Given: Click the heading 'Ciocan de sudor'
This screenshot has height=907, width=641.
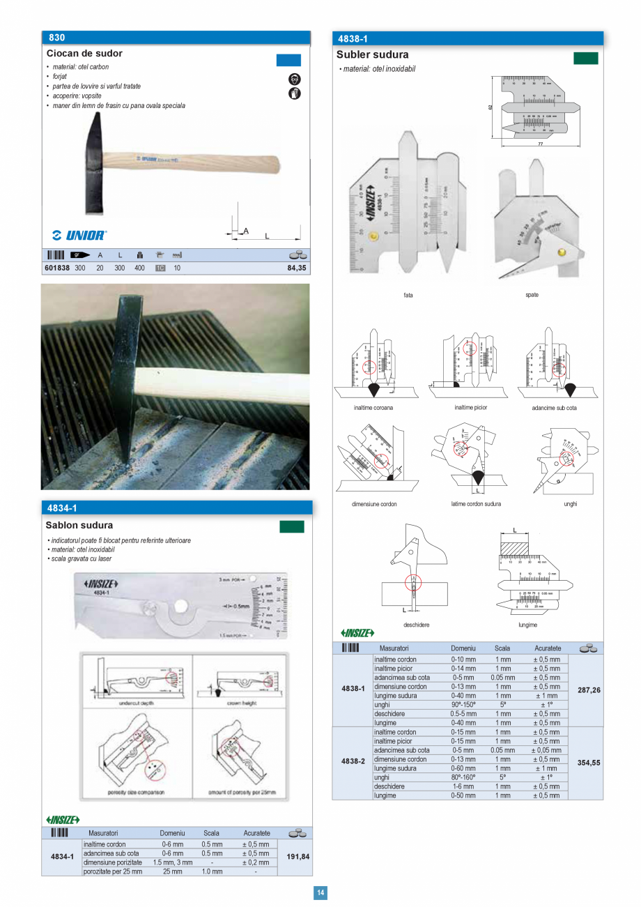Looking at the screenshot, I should tap(84, 54).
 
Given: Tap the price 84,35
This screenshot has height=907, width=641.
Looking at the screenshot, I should tap(296, 268).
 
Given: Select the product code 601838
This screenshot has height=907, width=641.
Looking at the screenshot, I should tap(56, 268).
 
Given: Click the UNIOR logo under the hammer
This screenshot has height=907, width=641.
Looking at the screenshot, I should tap(79, 235).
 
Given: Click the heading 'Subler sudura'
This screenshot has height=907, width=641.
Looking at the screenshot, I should tap(372, 55).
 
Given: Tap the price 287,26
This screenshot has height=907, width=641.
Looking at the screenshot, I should tap(589, 689).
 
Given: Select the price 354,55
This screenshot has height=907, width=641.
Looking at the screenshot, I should tap(589, 763).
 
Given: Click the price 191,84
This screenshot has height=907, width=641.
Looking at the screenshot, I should tap(297, 857).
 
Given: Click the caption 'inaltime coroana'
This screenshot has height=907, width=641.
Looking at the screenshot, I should tap(373, 408).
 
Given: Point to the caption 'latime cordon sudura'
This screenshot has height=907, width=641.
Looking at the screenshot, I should tap(476, 503).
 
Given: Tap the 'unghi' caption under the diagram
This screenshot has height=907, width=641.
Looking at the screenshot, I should tap(570, 503).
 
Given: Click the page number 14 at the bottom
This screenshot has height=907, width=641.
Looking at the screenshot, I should tap(320, 893).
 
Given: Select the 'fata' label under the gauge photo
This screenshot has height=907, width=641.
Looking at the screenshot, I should tap(408, 295).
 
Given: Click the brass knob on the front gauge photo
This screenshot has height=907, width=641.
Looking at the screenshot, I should tap(375, 237).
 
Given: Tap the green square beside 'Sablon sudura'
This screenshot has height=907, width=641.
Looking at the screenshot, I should tap(291, 526).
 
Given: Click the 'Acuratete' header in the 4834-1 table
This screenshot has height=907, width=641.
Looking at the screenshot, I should tap(256, 833).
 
